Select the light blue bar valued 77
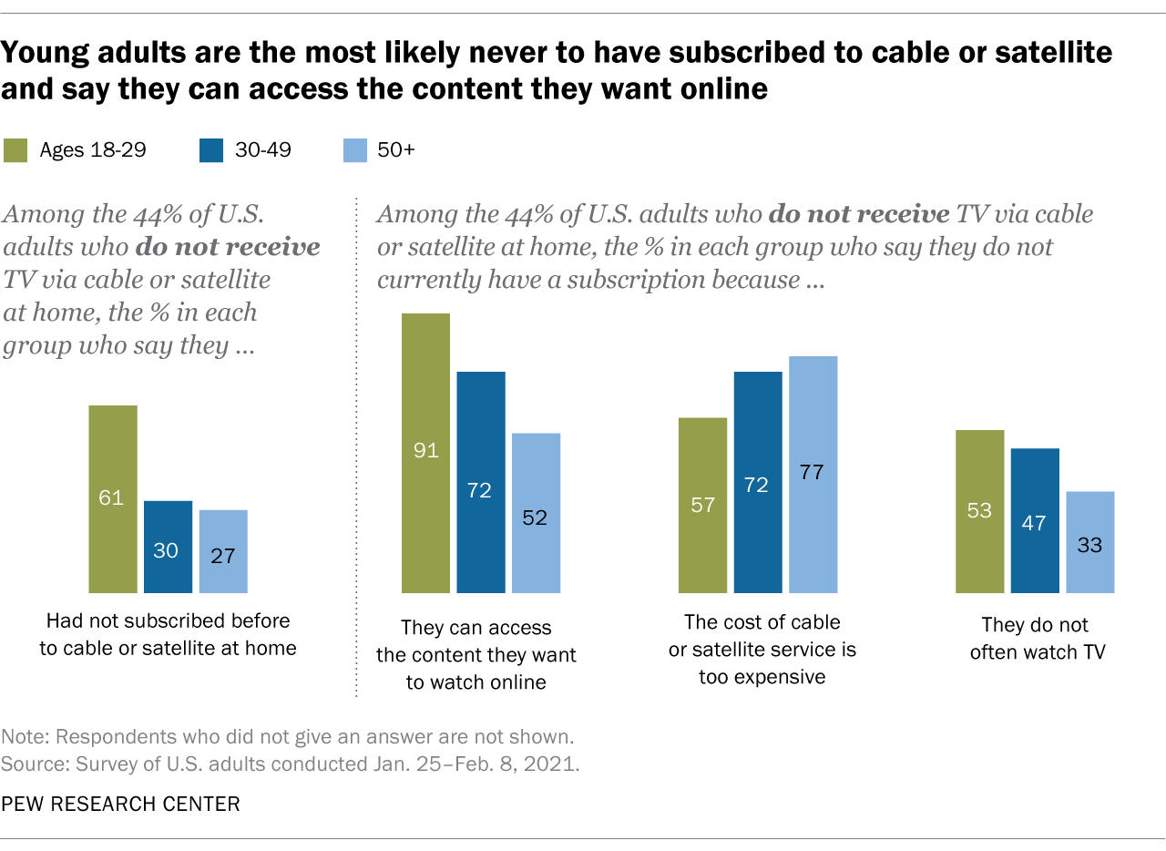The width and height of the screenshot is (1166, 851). click(x=813, y=474)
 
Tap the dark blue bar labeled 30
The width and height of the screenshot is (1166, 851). click(x=168, y=547)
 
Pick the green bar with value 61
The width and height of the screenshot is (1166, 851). click(x=113, y=499)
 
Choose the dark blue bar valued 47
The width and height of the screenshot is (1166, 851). click(x=1035, y=520)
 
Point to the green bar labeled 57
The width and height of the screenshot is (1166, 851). click(x=702, y=505)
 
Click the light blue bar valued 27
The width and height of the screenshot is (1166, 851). click(x=223, y=551)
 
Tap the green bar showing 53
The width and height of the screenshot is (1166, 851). click(x=979, y=511)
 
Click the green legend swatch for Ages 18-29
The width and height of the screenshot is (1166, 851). click(x=16, y=150)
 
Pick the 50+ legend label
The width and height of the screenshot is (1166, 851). click(x=395, y=150)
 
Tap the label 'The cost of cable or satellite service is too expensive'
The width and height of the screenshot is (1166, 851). click(x=762, y=650)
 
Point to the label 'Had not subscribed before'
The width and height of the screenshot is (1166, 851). click(x=169, y=621)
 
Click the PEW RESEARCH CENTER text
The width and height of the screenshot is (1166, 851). click(x=120, y=804)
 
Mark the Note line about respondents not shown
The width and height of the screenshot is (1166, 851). click(x=287, y=736)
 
